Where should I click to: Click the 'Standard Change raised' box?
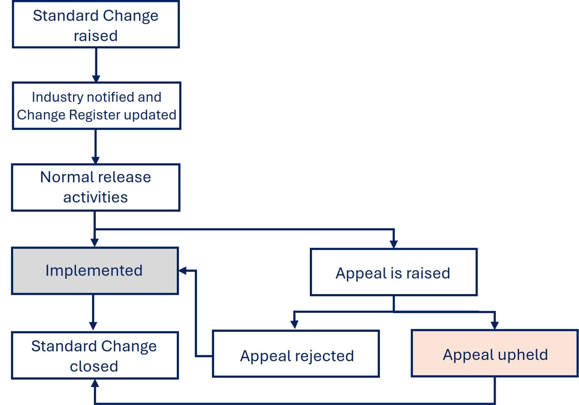pyautogui.click(x=96, y=25)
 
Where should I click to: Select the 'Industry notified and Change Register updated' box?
pyautogui.click(x=96, y=106)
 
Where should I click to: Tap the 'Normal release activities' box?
pyautogui.click(x=96, y=187)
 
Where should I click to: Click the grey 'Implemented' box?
pyautogui.click(x=95, y=271)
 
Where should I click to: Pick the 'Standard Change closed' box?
pyautogui.click(x=95, y=356)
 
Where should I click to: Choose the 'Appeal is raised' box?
pyautogui.click(x=393, y=272)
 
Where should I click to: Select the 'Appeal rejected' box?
pyautogui.click(x=296, y=354)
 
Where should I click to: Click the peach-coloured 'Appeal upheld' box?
pyautogui.click(x=495, y=354)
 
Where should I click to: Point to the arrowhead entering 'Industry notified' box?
pyautogui.click(x=96, y=79)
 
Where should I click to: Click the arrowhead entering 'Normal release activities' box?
pyautogui.click(x=96, y=160)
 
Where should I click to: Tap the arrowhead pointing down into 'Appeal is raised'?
pyautogui.click(x=394, y=244)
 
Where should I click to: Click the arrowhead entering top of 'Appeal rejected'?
pyautogui.click(x=294, y=325)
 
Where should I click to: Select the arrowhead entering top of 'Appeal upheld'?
pyautogui.click(x=495, y=325)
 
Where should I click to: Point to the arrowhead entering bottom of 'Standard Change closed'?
pyautogui.click(x=95, y=383)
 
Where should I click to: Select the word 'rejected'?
pyautogui.click(x=325, y=356)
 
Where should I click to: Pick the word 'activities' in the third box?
pyautogui.click(x=95, y=197)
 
